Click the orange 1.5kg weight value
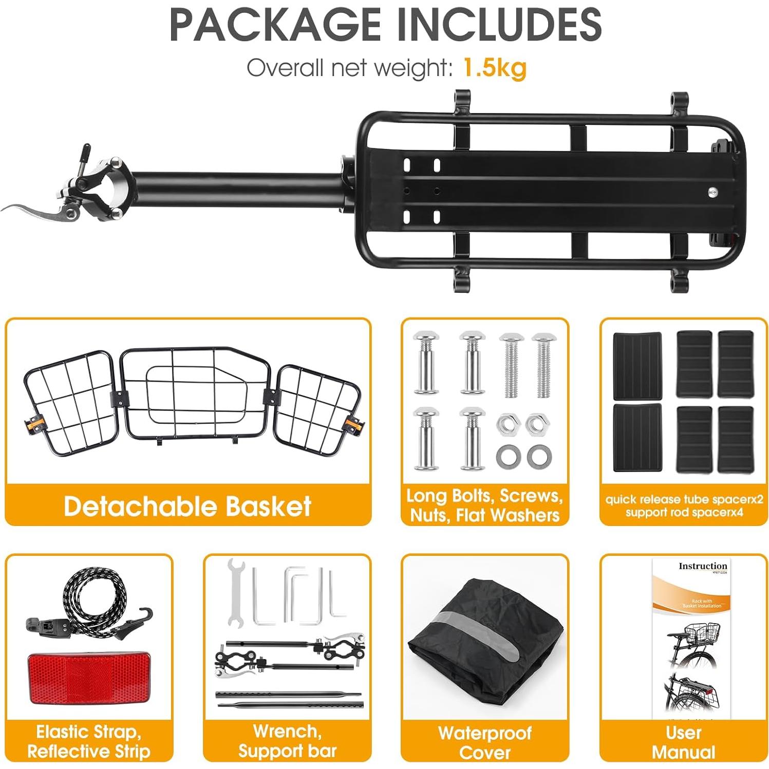[x=494, y=67]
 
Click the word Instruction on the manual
[x=702, y=566]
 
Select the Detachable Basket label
[x=187, y=506]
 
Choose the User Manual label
[x=683, y=742]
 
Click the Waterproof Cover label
[x=484, y=742]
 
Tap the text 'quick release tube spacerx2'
[x=684, y=499]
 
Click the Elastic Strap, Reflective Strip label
[x=89, y=741]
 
